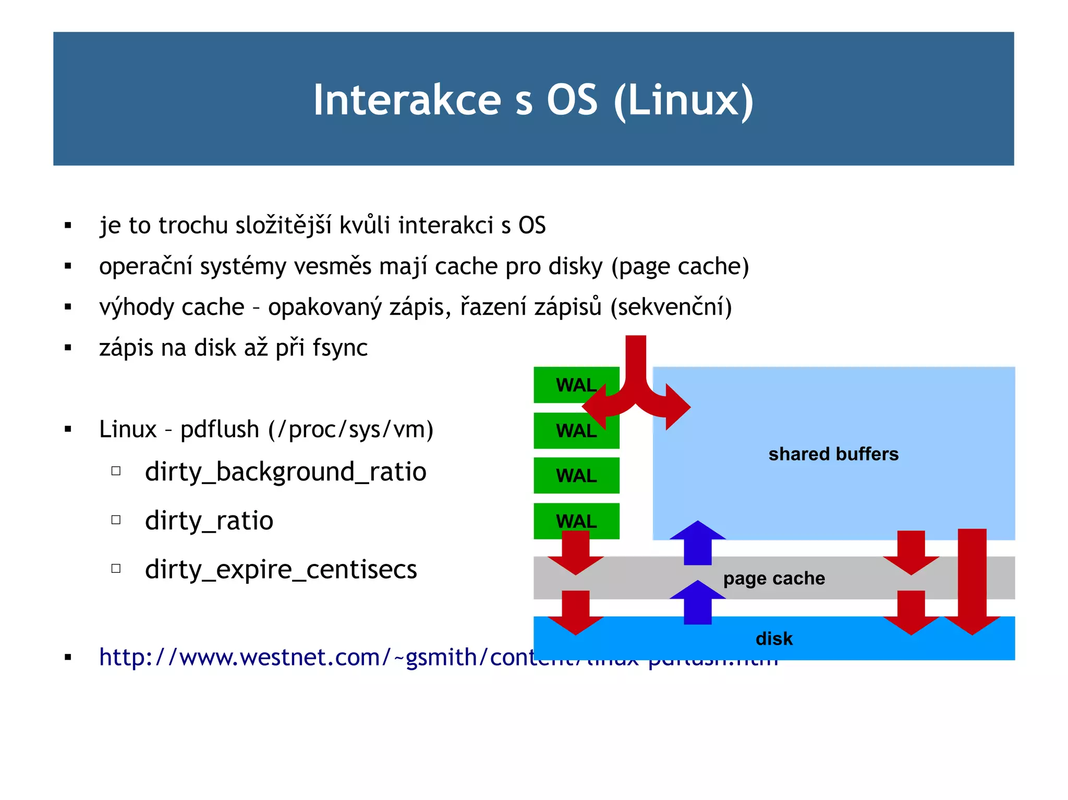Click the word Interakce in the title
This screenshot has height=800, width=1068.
click(407, 100)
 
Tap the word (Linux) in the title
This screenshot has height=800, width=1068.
click(684, 100)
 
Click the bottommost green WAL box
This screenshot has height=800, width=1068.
click(576, 521)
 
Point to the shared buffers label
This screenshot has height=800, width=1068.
click(833, 454)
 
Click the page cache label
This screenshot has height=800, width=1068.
click(774, 579)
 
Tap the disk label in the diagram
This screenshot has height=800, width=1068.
click(774, 638)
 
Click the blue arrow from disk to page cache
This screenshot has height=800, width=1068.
click(697, 604)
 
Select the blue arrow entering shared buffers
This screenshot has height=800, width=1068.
click(697, 543)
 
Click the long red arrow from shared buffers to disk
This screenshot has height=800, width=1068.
click(972, 579)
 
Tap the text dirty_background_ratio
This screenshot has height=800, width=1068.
click(286, 472)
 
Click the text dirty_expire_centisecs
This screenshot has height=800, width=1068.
click(281, 570)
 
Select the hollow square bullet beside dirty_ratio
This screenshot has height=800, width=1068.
click(116, 520)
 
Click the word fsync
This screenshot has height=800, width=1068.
click(340, 348)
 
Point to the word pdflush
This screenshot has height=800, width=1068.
click(220, 430)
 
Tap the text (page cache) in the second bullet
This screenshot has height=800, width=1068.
click(679, 267)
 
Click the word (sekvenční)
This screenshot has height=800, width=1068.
click(671, 307)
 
